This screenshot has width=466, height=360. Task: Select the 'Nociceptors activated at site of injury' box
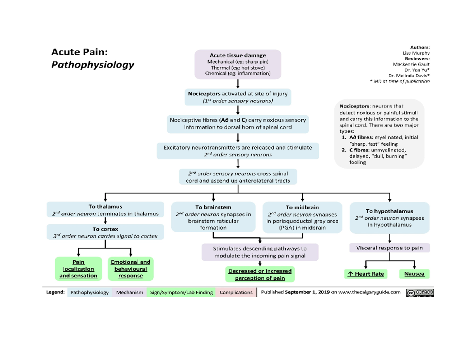(238, 97)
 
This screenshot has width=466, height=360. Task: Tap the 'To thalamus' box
(105, 210)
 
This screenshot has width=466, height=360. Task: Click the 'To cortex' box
(105, 232)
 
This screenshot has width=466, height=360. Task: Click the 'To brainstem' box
(213, 217)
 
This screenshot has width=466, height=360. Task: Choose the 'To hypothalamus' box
(389, 218)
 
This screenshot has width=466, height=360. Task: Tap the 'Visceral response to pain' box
(389, 248)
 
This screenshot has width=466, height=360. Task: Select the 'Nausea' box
(414, 274)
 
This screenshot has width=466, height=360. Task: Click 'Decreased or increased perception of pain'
(260, 274)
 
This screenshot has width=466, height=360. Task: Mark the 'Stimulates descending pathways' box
(260, 252)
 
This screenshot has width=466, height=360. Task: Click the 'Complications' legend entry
(236, 292)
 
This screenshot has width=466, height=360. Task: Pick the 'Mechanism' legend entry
(130, 292)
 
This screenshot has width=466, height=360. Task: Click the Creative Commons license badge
(420, 292)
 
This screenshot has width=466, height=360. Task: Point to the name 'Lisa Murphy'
(416, 53)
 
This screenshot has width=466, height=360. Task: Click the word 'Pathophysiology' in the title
(92, 64)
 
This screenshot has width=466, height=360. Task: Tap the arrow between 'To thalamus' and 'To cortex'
(105, 221)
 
